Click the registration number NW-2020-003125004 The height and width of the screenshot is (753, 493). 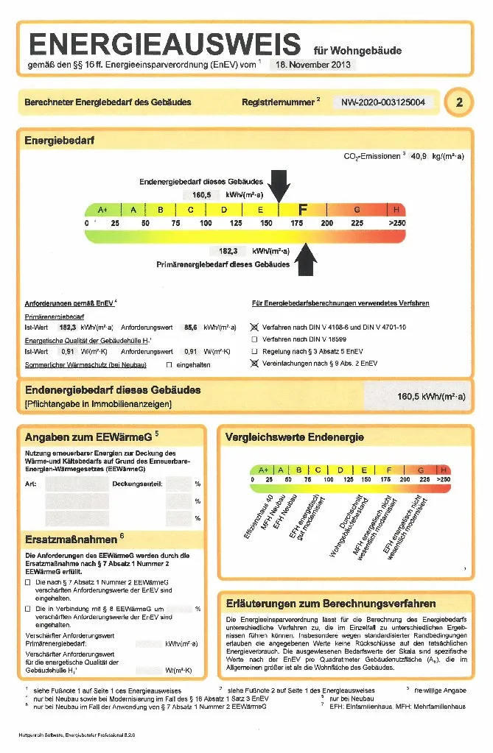[x=383, y=102]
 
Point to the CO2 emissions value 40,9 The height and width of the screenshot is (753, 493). [x=418, y=157]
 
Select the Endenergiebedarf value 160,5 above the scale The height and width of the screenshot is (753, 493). [x=202, y=195]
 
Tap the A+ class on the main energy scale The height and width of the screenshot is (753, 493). [x=102, y=210]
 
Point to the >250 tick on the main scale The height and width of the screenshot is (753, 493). [x=396, y=222]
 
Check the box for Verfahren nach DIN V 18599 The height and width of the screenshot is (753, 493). [x=254, y=339]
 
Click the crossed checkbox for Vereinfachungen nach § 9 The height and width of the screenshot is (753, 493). [x=254, y=364]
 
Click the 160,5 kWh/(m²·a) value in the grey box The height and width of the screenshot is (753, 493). [x=431, y=397]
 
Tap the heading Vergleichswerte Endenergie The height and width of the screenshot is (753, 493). [x=294, y=437]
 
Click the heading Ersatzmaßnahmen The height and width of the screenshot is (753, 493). [x=71, y=539]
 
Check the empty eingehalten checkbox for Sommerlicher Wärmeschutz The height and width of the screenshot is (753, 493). [x=169, y=364]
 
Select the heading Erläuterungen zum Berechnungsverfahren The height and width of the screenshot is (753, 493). [x=330, y=604]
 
